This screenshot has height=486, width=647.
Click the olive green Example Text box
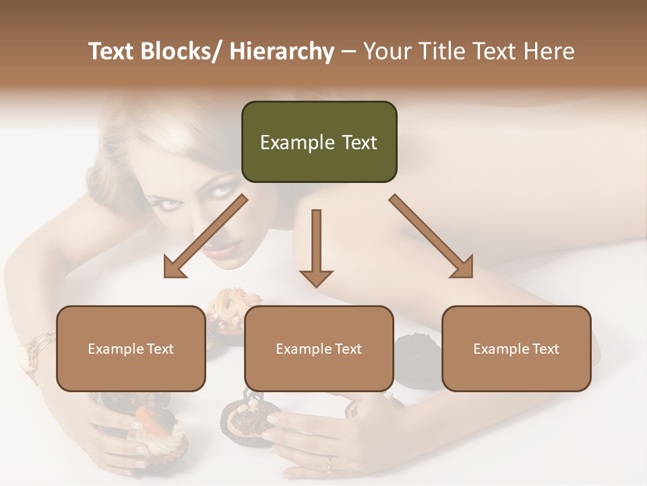coord(319,142)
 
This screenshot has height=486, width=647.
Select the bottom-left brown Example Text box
coord(131,348)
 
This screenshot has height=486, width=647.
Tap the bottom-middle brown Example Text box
coord(319,348)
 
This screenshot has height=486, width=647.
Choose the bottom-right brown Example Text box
coord(516,348)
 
